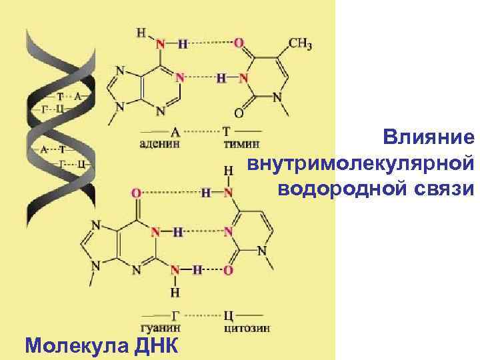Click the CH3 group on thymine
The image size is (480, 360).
[x=300, y=44]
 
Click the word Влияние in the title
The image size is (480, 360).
[x=429, y=138]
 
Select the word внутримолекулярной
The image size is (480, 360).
[x=361, y=164]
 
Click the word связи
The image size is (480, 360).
[x=441, y=189]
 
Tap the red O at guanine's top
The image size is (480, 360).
[x=137, y=193]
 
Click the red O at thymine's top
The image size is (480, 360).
[x=239, y=43]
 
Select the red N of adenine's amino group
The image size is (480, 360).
[x=159, y=44]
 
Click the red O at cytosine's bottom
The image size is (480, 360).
[x=229, y=271]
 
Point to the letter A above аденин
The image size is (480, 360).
[x=175, y=131]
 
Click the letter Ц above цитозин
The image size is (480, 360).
[x=228, y=315]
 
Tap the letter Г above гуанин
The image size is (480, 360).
[x=175, y=315]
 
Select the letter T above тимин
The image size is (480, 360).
[x=226, y=131]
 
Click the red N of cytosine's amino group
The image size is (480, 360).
[x=229, y=193]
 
